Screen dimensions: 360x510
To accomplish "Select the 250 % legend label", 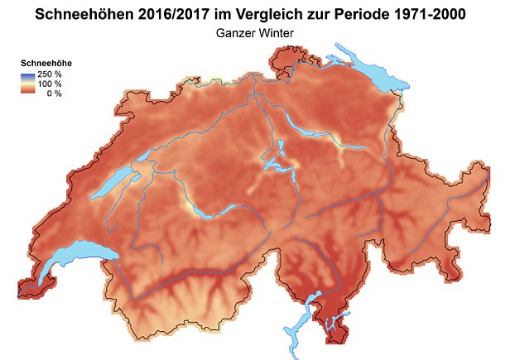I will point(51,74).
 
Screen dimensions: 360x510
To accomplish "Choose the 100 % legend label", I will point(51,84).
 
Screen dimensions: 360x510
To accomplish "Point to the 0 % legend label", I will point(54,93).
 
